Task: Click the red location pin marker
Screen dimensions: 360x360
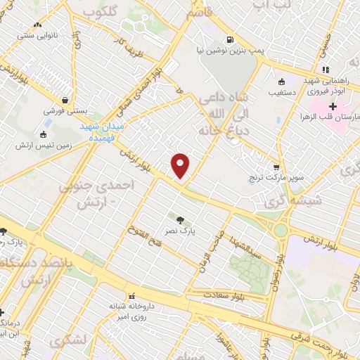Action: [181, 165]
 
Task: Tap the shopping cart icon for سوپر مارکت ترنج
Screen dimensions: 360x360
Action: [276, 167]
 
